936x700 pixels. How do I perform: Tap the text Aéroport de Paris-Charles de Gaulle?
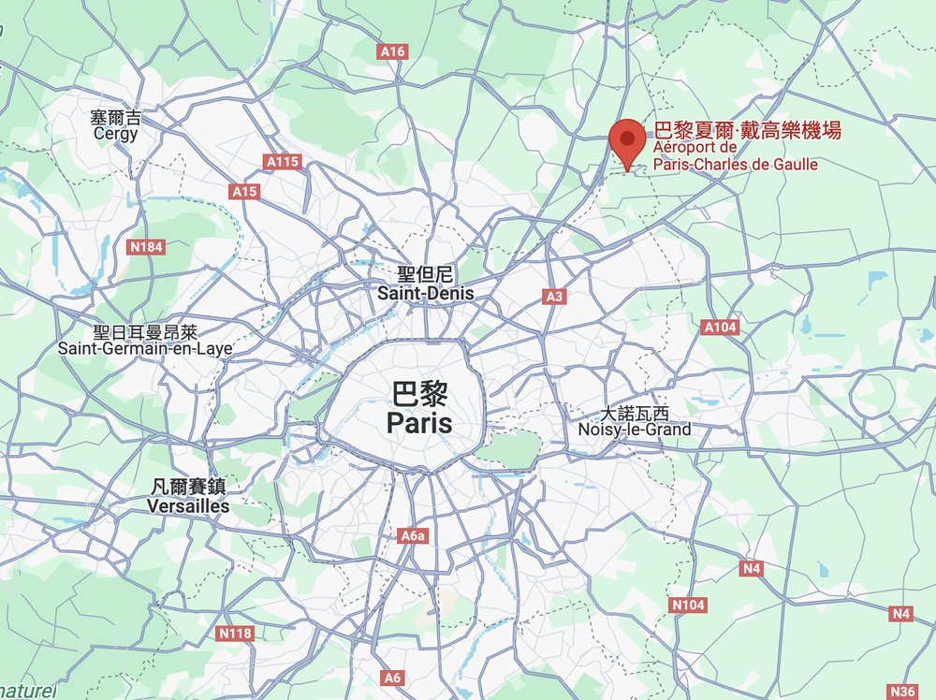pyautogui.click(x=735, y=156)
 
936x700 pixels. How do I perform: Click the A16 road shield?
pyautogui.click(x=393, y=51)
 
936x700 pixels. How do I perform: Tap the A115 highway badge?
pyautogui.click(x=283, y=162)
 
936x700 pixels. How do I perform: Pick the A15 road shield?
pyautogui.click(x=244, y=191)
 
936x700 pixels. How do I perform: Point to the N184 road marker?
pyautogui.click(x=145, y=247)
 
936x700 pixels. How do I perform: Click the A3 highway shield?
pyautogui.click(x=555, y=297)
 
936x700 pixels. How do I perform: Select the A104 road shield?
pyautogui.click(x=720, y=327)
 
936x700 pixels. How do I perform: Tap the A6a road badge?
pyautogui.click(x=413, y=535)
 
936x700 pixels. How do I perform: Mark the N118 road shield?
pyautogui.click(x=235, y=634)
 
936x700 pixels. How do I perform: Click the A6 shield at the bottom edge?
pyautogui.click(x=392, y=677)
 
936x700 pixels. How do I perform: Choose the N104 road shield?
pyautogui.click(x=688, y=605)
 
